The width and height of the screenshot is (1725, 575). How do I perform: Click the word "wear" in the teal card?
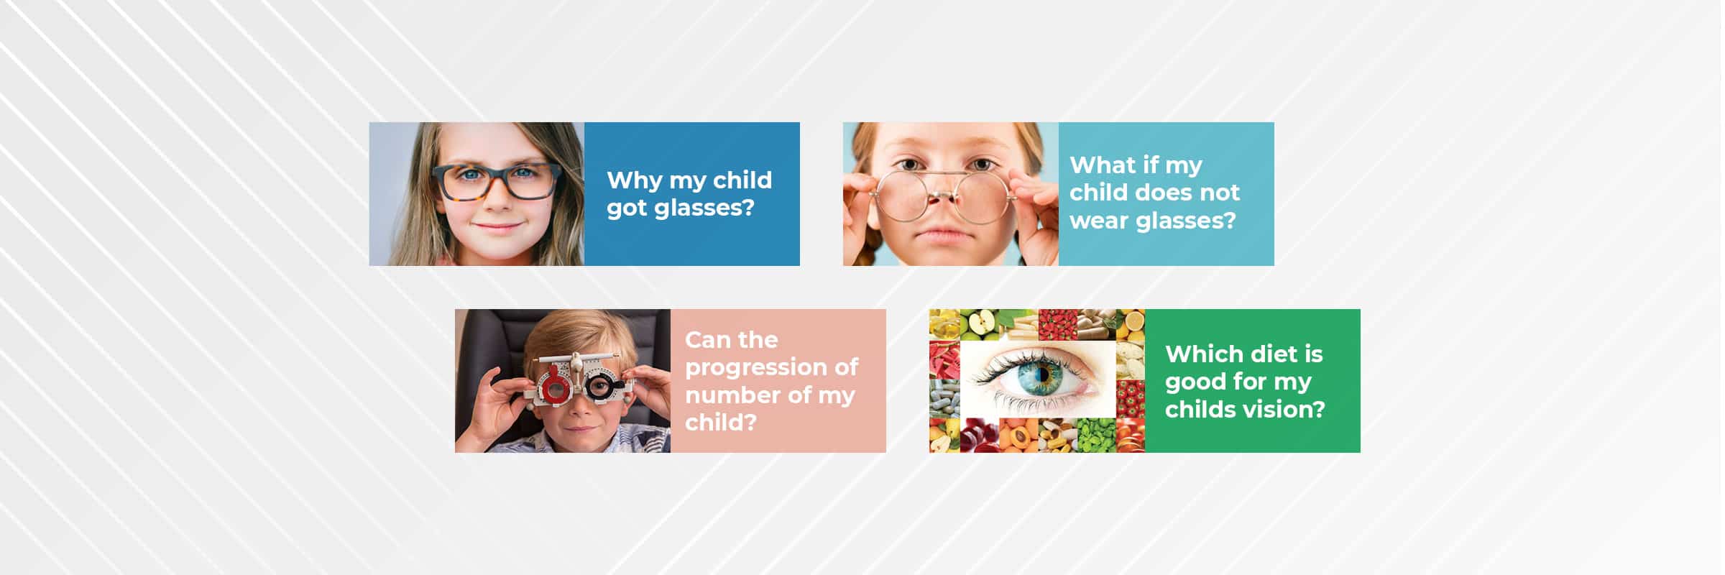tap(1099, 221)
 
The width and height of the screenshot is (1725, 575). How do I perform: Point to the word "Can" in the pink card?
tap(708, 339)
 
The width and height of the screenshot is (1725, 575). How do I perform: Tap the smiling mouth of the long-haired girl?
tap(496, 227)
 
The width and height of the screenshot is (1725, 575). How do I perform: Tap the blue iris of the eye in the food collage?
tap(1043, 374)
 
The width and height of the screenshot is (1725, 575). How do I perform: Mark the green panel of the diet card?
tap(1252, 381)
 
